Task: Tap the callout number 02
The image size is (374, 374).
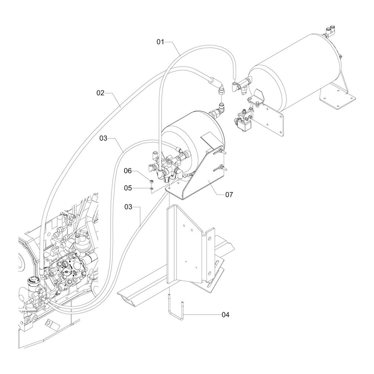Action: tap(100, 93)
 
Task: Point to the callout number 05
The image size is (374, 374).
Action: tap(128, 188)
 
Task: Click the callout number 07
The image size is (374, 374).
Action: tap(229, 194)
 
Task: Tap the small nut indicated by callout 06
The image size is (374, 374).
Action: tap(151, 182)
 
